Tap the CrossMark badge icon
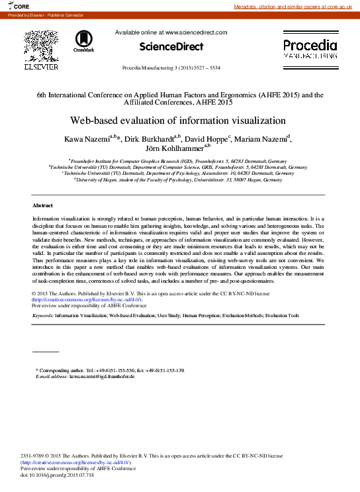click(84, 41)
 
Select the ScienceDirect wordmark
click(171, 46)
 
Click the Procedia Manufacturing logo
click(310, 48)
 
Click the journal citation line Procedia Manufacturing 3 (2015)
click(171, 69)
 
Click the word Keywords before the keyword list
click(42, 316)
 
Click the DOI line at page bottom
click(58, 475)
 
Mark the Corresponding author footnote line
click(110, 370)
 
